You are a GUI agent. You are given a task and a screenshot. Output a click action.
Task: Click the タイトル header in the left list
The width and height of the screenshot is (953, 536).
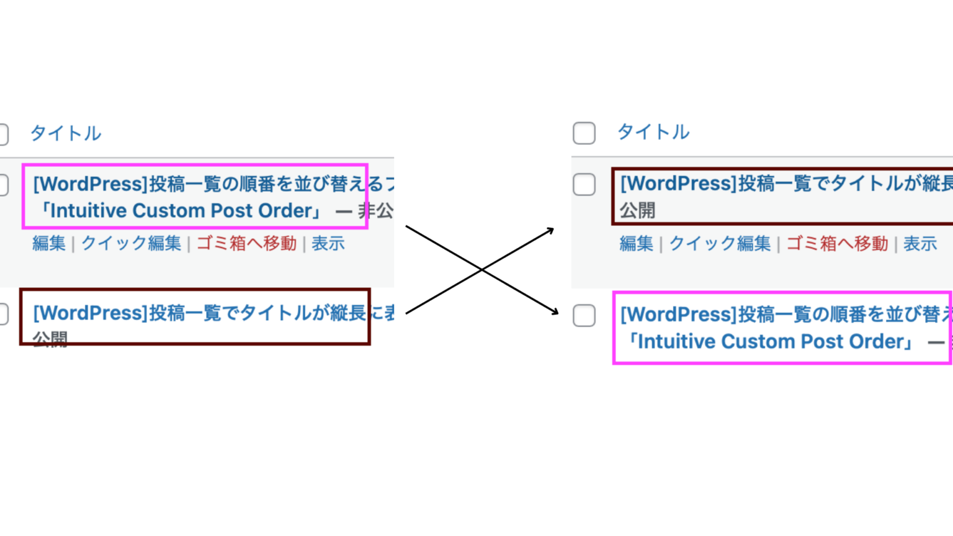(x=66, y=133)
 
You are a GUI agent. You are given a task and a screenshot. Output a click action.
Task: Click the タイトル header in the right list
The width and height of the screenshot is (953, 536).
(x=653, y=132)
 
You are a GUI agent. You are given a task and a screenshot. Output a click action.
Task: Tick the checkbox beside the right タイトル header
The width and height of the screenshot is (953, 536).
(x=584, y=133)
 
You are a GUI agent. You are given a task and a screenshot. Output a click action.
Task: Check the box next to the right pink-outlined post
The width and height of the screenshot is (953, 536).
(x=584, y=315)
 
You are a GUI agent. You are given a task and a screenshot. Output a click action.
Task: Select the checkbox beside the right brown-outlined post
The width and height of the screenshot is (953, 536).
(x=584, y=184)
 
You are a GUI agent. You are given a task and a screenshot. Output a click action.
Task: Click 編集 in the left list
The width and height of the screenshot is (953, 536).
(x=49, y=243)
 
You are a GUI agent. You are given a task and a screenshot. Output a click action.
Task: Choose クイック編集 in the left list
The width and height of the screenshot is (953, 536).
(x=131, y=243)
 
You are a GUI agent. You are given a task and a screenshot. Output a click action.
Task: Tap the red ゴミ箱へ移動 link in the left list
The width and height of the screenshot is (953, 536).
(x=246, y=243)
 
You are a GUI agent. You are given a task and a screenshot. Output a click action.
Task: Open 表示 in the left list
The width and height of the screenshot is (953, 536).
(x=328, y=243)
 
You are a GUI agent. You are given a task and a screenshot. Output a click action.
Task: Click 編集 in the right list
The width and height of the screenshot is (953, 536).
(x=637, y=244)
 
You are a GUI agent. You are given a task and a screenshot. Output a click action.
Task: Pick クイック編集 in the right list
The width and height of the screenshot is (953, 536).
(x=720, y=244)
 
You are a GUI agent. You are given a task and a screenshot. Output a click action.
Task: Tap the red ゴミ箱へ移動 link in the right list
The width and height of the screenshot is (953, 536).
(x=837, y=244)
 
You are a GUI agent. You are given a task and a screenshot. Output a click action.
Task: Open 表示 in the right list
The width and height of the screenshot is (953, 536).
(x=920, y=244)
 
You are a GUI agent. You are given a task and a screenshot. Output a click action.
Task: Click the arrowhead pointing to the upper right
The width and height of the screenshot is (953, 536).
(x=550, y=230)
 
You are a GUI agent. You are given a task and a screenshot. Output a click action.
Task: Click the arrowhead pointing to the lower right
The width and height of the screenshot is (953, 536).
(x=555, y=311)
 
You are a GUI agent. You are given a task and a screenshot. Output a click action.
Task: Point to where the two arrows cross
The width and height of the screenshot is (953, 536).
(x=481, y=270)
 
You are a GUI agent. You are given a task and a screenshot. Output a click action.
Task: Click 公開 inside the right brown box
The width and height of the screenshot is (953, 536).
(x=638, y=211)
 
